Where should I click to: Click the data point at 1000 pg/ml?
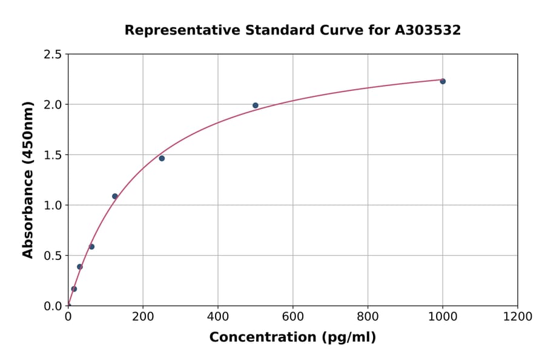pyautogui.click(x=443, y=81)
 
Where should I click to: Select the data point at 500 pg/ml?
pyautogui.click(x=256, y=105)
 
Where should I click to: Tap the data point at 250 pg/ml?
pyautogui.click(x=162, y=158)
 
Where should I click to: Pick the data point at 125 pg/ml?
pyautogui.click(x=115, y=196)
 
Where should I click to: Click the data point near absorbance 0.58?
pyautogui.click(x=91, y=247)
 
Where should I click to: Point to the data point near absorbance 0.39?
pyautogui.click(x=79, y=267)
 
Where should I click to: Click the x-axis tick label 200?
pyautogui.click(x=143, y=317)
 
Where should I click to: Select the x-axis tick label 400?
pyautogui.click(x=218, y=317)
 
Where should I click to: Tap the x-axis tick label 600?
pyautogui.click(x=293, y=317)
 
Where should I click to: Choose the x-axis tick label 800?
pyautogui.click(x=368, y=317)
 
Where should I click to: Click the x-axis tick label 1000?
pyautogui.click(x=443, y=317)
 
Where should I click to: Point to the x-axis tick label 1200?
pyautogui.click(x=518, y=317)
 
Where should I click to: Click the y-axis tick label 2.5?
pyautogui.click(x=53, y=55)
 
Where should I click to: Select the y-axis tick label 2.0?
pyautogui.click(x=53, y=105)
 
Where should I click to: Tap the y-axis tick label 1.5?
pyautogui.click(x=53, y=155)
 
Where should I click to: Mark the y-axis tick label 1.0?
pyautogui.click(x=53, y=205)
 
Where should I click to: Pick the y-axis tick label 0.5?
pyautogui.click(x=53, y=256)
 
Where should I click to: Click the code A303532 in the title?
pyautogui.click(x=428, y=30)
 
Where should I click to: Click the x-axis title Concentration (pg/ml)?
pyautogui.click(x=292, y=338)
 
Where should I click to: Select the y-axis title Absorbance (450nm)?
pyautogui.click(x=28, y=180)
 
